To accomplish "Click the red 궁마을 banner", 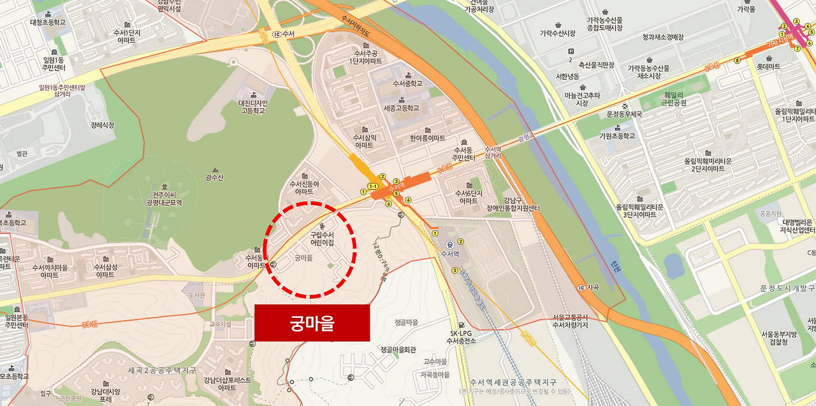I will (x=312, y=323).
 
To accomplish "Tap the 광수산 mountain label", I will (x=215, y=177).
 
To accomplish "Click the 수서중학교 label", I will (x=408, y=83).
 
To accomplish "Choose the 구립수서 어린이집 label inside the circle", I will (x=322, y=239).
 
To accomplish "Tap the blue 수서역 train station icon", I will (x=451, y=243).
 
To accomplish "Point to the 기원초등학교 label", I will (x=617, y=136).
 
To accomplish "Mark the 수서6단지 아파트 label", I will (x=469, y=197).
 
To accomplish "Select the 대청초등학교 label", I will (x=48, y=22).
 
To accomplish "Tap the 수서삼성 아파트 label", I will (x=105, y=271).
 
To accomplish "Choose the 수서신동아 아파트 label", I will (x=304, y=188).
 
